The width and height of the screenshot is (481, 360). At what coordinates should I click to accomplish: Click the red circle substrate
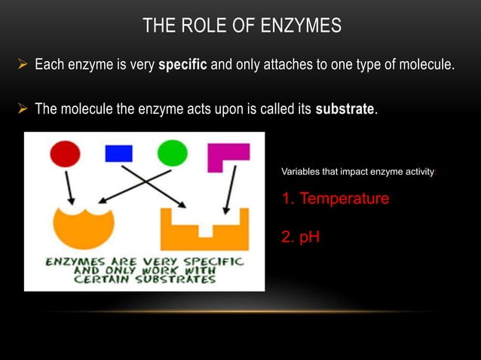[x=66, y=154]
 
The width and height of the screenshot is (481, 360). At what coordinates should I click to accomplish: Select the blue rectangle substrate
[x=118, y=153]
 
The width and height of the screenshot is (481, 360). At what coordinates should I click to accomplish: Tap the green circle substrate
[x=173, y=154]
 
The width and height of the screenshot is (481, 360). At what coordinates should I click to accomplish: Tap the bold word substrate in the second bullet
[x=345, y=109]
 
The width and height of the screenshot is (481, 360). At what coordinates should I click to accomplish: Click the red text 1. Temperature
[x=335, y=199]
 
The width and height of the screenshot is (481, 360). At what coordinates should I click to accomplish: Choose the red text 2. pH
[x=300, y=237]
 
